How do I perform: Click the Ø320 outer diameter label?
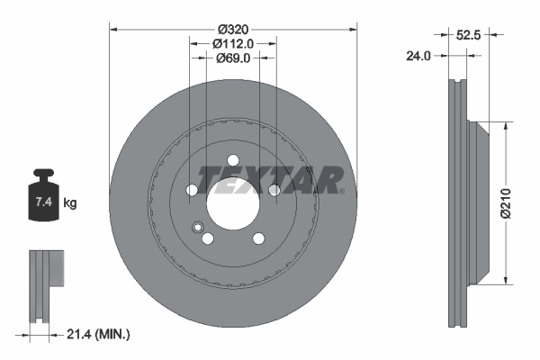233,30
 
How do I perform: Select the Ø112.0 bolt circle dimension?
233,44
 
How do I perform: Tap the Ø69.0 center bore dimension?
233,58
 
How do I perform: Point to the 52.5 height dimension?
468,35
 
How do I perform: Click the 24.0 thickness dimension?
418,56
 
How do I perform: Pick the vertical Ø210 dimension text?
506,203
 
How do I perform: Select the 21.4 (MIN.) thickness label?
98,334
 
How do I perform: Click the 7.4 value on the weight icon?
44,202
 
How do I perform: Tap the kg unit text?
70,202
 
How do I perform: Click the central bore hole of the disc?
233,202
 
